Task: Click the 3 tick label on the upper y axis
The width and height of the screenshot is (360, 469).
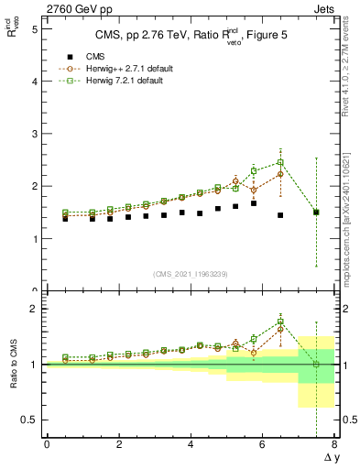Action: tap(34, 134)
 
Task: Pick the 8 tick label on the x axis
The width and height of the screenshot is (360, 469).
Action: tap(334, 444)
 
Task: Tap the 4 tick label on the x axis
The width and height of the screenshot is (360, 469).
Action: tap(191, 444)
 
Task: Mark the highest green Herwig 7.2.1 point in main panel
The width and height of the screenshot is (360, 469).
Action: tap(280, 162)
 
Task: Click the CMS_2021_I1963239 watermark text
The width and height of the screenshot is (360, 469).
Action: tap(191, 273)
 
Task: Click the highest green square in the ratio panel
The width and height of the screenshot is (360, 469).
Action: tap(280, 322)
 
